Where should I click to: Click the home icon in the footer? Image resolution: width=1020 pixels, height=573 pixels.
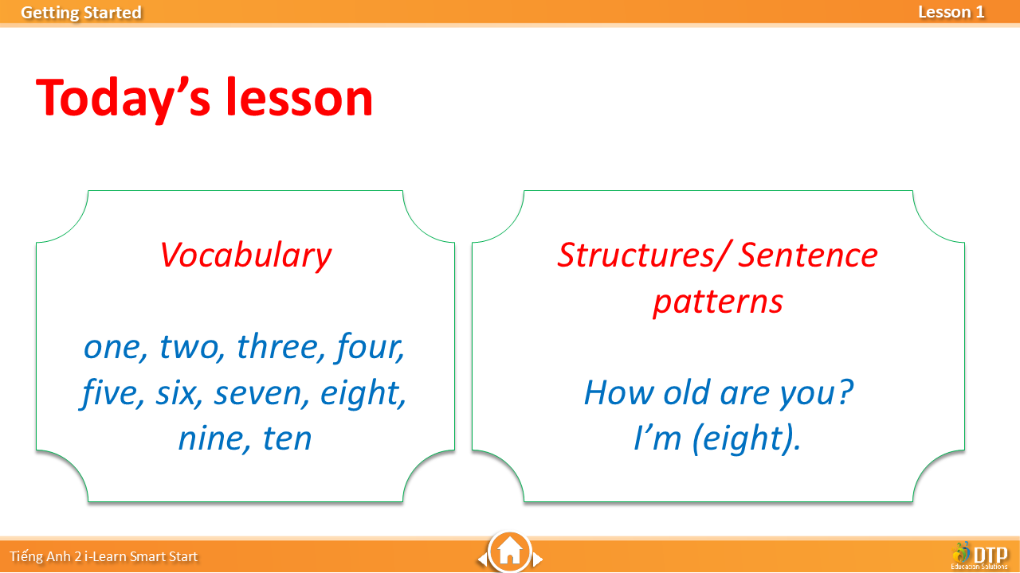coord(509,551)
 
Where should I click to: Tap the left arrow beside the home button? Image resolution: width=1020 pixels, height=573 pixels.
coord(482,559)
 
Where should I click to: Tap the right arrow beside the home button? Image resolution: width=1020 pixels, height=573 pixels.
coord(538,559)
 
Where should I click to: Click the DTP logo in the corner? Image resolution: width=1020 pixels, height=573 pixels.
coord(979,555)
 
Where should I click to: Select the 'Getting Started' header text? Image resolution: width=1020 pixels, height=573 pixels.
coord(81,13)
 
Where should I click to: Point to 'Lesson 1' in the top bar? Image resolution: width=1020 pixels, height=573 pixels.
coord(951,12)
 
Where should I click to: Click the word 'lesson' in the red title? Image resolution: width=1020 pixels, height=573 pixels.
coord(300,97)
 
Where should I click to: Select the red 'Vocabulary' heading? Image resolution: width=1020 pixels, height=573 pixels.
coord(246,255)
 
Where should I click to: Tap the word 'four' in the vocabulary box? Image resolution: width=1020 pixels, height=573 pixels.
coord(370,348)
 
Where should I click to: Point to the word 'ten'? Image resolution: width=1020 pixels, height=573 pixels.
coord(287,439)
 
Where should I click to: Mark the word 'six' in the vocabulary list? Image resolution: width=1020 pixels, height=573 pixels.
coord(178,393)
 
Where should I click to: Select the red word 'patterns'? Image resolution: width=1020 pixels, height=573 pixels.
coord(718,303)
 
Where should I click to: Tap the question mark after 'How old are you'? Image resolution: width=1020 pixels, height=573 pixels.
coord(845,392)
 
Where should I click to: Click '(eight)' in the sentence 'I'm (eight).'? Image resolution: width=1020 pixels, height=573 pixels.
coord(743,439)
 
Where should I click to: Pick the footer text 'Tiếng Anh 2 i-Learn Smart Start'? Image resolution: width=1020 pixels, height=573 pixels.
coord(104,556)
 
